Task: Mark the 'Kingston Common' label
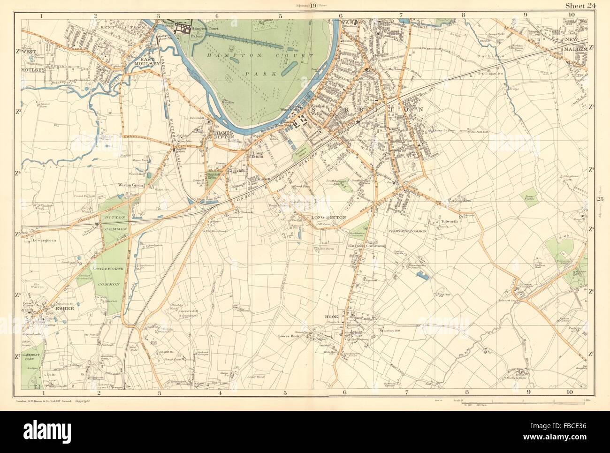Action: coord(366,246)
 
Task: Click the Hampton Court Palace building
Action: coord(181,30)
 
